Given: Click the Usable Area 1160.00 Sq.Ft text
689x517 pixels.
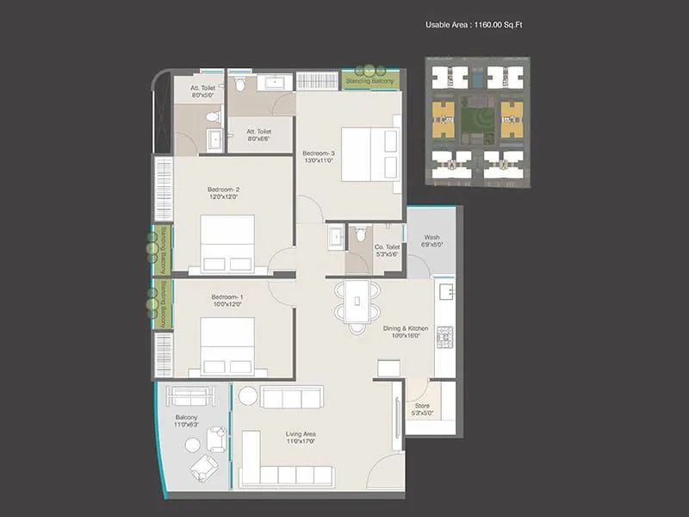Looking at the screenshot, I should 474,25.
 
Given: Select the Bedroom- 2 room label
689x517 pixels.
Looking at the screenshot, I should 223,193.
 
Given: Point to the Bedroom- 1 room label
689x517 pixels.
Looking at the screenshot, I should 227,301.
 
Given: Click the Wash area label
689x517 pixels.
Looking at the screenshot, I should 432,241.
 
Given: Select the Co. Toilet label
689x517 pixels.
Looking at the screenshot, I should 386,251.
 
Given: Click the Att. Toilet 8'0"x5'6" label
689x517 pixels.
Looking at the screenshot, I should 206,90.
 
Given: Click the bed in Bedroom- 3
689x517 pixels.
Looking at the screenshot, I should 370,154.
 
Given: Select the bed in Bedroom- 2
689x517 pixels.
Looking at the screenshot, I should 227,243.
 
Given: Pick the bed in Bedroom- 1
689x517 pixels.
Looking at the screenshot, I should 227,345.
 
